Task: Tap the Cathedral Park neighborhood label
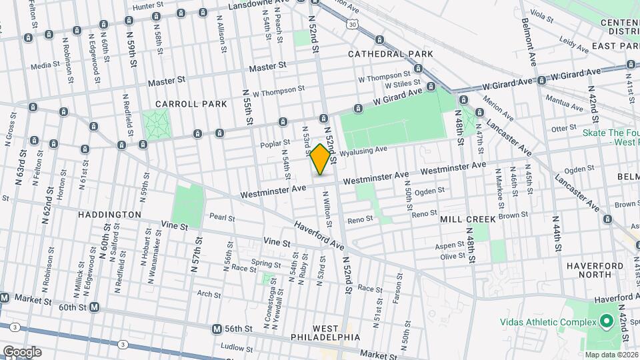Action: coord(390,53)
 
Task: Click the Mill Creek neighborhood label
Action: coord(467,219)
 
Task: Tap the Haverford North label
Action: coord(588,269)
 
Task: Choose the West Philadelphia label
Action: coord(326,333)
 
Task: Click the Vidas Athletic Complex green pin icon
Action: coord(606,323)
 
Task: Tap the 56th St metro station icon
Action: coord(217,329)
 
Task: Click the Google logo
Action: coord(22,351)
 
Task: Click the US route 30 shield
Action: coord(352,23)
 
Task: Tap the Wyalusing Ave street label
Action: coord(363,153)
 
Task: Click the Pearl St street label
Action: coord(222,217)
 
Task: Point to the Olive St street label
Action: coord(452,256)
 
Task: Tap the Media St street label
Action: coord(45,65)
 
